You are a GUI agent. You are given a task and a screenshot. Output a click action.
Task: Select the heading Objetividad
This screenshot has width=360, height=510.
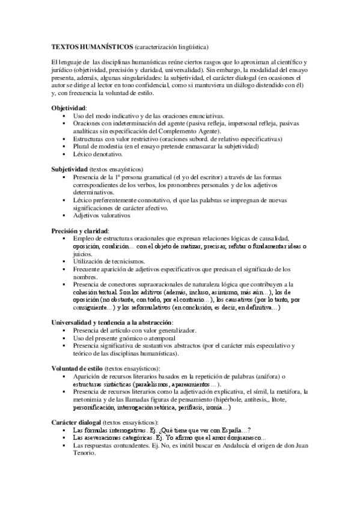coord(69,107)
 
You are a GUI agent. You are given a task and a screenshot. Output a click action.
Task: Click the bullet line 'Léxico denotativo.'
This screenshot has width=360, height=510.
coord(97,154)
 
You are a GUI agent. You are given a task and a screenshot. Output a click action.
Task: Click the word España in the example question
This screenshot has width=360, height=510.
coord(224,431)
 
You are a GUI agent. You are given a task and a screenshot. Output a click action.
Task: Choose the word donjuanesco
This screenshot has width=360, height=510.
coord(239,438)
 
